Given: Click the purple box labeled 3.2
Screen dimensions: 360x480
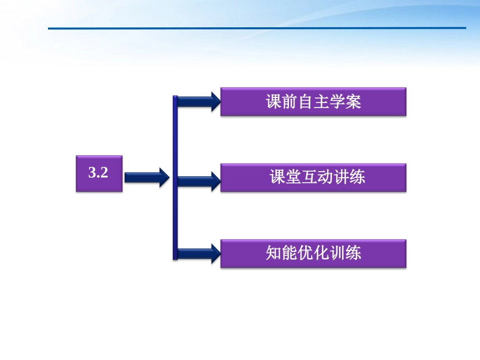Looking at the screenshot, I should (99, 173).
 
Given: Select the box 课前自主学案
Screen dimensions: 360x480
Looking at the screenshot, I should (313, 102).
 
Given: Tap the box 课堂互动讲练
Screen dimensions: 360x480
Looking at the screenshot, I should (313, 177).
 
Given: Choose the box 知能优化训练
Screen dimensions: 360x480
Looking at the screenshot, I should (313, 252).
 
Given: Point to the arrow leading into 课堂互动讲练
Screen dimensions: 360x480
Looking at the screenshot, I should (199, 180).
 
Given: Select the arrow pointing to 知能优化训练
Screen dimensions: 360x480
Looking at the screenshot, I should (199, 253).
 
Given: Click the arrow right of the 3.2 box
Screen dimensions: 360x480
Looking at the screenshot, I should (147, 177).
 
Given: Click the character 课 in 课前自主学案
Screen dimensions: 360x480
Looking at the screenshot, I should (274, 102).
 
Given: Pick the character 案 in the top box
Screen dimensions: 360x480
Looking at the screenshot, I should (354, 102).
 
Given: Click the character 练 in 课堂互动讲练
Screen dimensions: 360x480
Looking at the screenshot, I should (358, 177).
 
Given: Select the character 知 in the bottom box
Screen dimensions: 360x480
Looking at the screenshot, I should (274, 252).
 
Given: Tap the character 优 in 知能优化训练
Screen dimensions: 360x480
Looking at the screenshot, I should (306, 252).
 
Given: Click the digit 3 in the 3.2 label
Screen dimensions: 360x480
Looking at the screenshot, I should (92, 173).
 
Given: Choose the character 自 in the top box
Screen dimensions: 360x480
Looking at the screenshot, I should (306, 102).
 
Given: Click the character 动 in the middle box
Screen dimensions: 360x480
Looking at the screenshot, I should (326, 177).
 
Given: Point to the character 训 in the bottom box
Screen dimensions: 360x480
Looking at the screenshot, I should (338, 252).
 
